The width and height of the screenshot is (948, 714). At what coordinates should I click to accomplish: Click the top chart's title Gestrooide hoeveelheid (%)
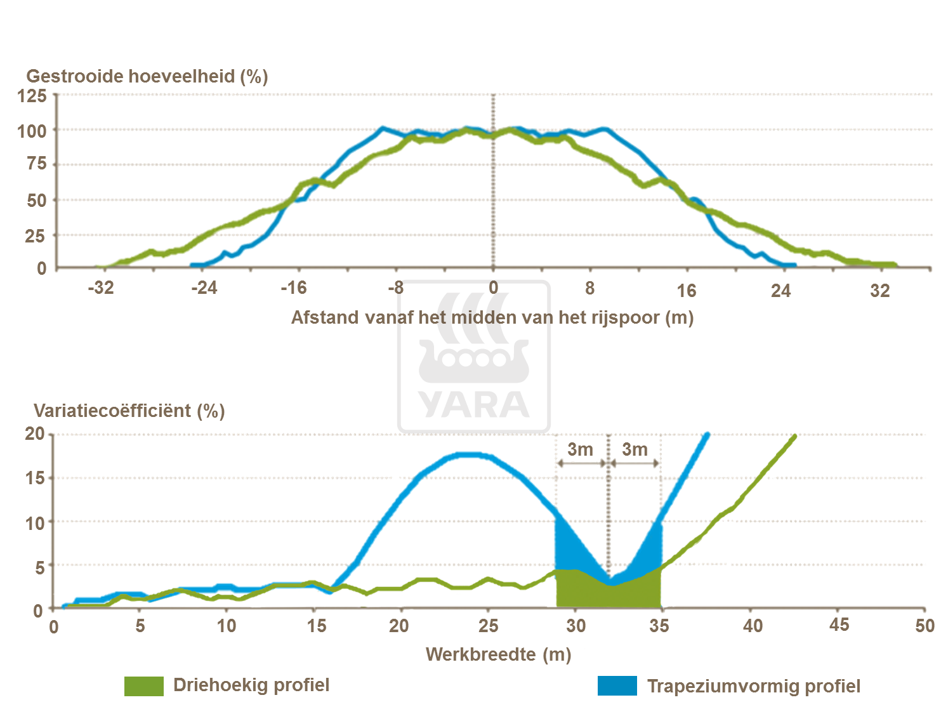147,76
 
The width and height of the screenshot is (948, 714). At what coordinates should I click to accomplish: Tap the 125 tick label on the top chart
32,96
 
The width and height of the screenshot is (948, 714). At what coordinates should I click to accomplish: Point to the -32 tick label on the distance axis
101,288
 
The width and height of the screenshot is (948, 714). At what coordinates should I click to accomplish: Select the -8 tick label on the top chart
396,288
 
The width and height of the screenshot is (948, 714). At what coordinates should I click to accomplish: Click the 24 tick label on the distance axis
780,291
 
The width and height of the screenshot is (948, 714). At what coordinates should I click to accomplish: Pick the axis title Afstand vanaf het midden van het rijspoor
492,317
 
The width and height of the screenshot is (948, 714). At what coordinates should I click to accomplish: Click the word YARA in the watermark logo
474,405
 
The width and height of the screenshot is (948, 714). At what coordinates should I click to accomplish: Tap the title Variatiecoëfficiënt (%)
129,411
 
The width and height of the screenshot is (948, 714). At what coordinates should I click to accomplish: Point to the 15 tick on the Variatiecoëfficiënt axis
35,478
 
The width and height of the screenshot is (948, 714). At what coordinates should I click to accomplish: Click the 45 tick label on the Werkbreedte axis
839,625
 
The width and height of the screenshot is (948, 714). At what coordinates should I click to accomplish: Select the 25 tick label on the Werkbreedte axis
488,626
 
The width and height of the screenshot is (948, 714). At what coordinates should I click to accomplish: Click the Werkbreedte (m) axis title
498,654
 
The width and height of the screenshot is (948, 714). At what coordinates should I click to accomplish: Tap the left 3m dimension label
580,449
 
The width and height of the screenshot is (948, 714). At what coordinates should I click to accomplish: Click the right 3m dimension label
635,449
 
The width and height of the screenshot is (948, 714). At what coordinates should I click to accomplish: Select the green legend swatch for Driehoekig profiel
144,686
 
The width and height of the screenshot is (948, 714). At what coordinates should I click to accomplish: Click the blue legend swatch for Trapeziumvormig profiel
617,686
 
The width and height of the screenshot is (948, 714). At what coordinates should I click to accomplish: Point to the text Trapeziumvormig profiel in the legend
753,686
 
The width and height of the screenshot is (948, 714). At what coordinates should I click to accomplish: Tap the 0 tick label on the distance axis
493,288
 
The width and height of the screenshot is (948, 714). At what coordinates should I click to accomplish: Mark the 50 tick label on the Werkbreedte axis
925,626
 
